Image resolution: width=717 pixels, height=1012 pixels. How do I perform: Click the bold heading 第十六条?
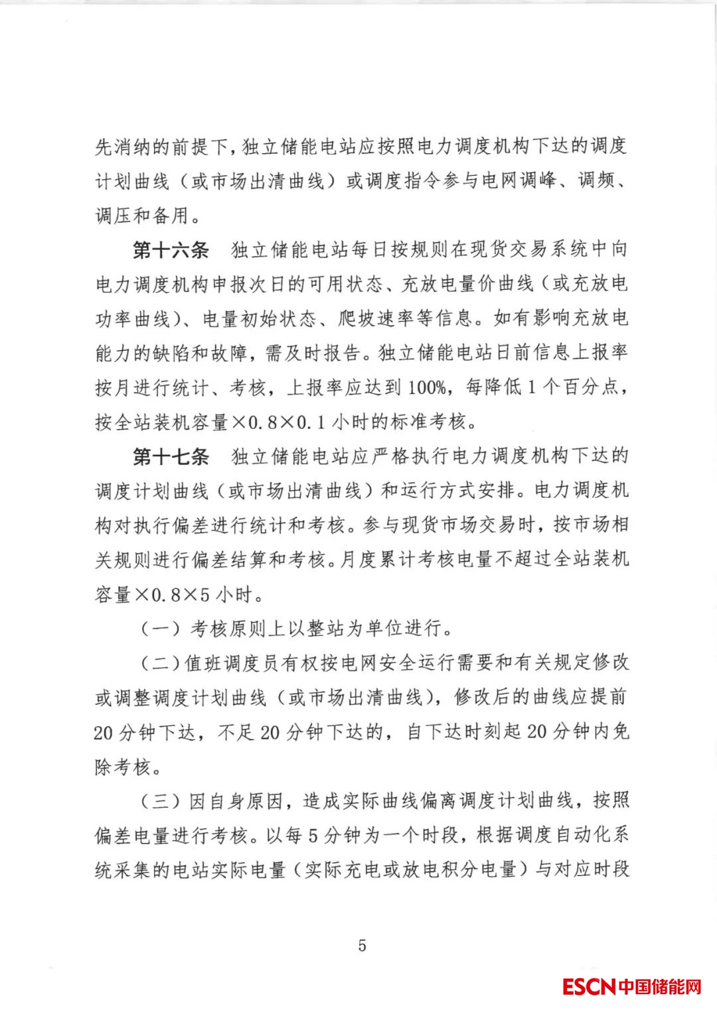click(x=171, y=250)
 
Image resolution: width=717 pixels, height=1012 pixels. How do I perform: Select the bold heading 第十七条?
click(x=171, y=456)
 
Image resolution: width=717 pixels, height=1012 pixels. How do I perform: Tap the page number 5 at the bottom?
click(x=362, y=945)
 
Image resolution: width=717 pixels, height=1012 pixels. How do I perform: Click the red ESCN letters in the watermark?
click(x=589, y=986)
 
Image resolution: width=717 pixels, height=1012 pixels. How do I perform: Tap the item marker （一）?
click(x=160, y=627)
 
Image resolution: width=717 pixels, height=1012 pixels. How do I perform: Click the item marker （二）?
click(x=160, y=663)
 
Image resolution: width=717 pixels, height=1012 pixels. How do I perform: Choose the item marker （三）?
click(x=160, y=801)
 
